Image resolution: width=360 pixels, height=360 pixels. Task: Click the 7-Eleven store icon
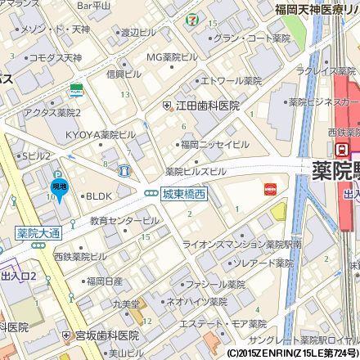coord(191,16)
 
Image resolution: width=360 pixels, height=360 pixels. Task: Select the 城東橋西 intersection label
coord(183,193)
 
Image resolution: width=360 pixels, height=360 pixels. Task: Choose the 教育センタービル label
coord(124,221)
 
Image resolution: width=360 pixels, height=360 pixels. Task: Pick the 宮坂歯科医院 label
coord(106,336)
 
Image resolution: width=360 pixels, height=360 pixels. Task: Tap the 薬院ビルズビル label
coord(195,172)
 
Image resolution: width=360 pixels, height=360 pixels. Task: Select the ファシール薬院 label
coord(215,285)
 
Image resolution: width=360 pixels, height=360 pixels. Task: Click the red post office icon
coord(270,189)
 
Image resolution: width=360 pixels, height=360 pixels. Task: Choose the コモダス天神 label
coord(55,58)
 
